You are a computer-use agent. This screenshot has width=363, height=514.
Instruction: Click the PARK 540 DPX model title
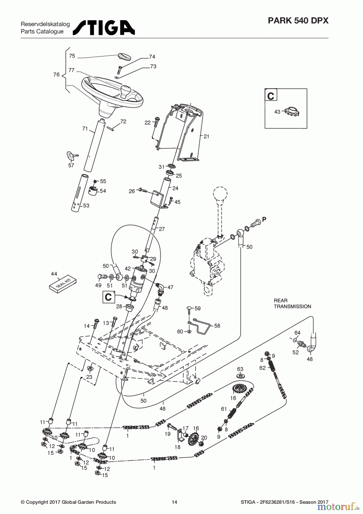[298, 21]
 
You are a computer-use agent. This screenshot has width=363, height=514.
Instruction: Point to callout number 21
[206, 136]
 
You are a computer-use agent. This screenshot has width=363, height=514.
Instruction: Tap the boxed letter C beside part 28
[108, 297]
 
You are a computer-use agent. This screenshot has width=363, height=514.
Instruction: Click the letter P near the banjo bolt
[264, 219]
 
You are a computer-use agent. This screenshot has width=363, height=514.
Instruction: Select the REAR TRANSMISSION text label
[292, 304]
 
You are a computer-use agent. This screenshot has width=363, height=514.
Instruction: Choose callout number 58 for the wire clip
[217, 326]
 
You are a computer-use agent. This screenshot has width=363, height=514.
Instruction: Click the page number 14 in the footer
[174, 502]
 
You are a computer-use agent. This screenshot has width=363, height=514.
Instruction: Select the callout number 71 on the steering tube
[85, 129]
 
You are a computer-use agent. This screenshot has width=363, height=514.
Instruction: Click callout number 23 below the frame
[89, 377]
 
